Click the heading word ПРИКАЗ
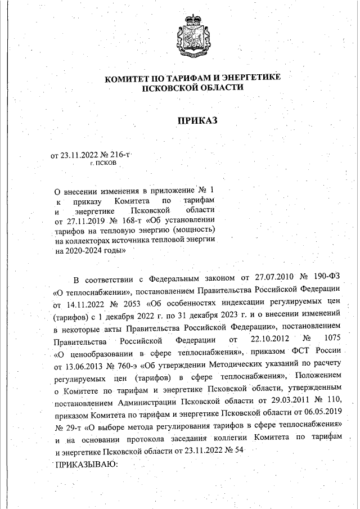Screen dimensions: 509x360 pos(197,120)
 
